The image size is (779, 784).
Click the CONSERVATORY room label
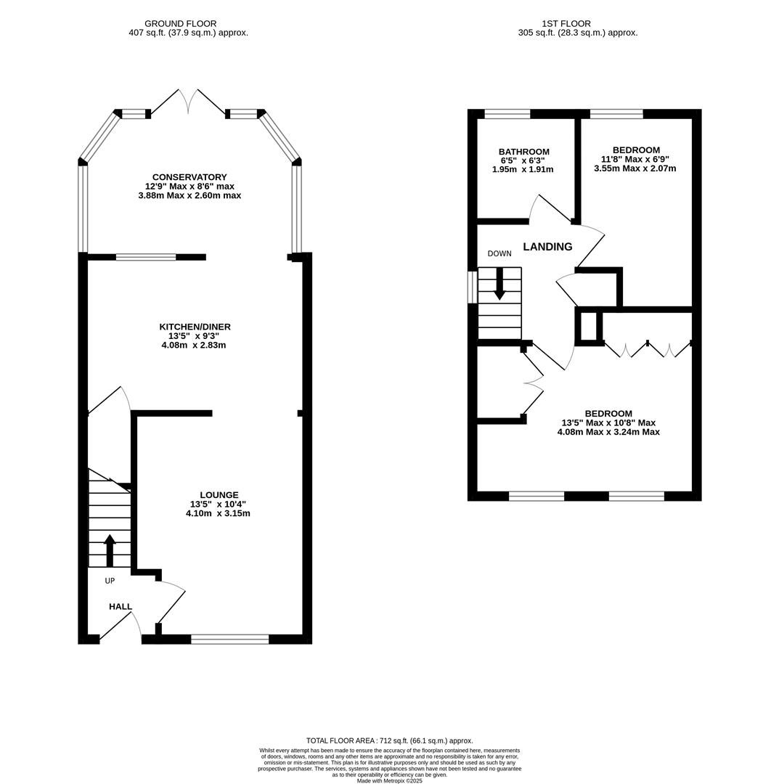189,177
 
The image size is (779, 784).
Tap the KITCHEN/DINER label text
195,327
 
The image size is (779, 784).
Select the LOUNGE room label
219,495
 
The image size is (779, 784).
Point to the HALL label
121,607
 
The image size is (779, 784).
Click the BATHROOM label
523,152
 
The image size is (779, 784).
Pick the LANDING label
547,247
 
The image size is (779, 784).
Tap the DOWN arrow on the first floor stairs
499,284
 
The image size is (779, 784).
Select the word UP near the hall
110,581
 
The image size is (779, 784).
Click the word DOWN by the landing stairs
499,253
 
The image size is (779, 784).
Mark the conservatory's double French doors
189,102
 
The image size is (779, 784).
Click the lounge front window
229,639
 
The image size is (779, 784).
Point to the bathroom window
507,114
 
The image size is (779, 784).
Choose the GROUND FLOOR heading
180,24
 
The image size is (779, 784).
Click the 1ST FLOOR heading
566,24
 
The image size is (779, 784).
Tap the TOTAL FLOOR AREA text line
389,740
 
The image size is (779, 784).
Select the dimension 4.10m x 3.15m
218,513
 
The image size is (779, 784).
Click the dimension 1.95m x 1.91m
523,169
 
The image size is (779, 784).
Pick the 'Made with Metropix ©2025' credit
389,780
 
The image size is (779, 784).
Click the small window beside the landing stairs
472,287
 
